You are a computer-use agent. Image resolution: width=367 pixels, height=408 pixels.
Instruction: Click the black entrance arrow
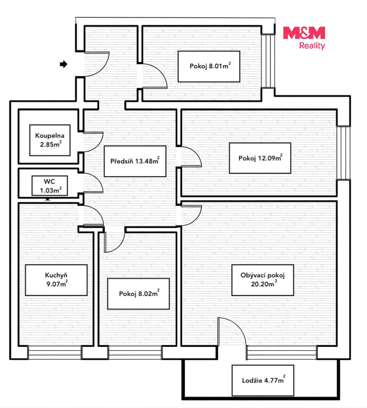click(64, 64)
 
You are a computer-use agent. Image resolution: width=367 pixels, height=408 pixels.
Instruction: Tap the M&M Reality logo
click(304, 38)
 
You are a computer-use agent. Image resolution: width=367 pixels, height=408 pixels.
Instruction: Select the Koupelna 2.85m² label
click(50, 140)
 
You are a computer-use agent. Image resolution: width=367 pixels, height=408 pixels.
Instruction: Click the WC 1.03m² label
click(50, 186)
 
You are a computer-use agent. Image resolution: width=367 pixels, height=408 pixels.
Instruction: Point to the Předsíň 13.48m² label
click(135, 161)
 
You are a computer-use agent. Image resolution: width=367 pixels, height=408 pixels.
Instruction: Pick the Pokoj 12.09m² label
click(260, 158)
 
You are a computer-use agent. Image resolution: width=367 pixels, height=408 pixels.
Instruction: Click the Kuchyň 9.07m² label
click(56, 280)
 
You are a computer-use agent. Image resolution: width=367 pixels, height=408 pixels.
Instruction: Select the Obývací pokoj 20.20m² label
click(263, 280)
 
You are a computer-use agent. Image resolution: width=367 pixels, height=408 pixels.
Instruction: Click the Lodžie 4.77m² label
click(263, 380)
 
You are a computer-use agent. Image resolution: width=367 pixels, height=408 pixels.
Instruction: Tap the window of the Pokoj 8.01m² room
click(268, 61)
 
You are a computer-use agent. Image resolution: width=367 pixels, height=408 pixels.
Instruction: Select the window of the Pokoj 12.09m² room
click(343, 153)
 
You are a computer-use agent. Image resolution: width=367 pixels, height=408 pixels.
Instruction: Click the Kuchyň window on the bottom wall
click(55, 352)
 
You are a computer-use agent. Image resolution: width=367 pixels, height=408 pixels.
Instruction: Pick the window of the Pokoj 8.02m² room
click(135, 352)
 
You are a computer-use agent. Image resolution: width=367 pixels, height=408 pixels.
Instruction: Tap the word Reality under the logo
click(312, 46)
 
